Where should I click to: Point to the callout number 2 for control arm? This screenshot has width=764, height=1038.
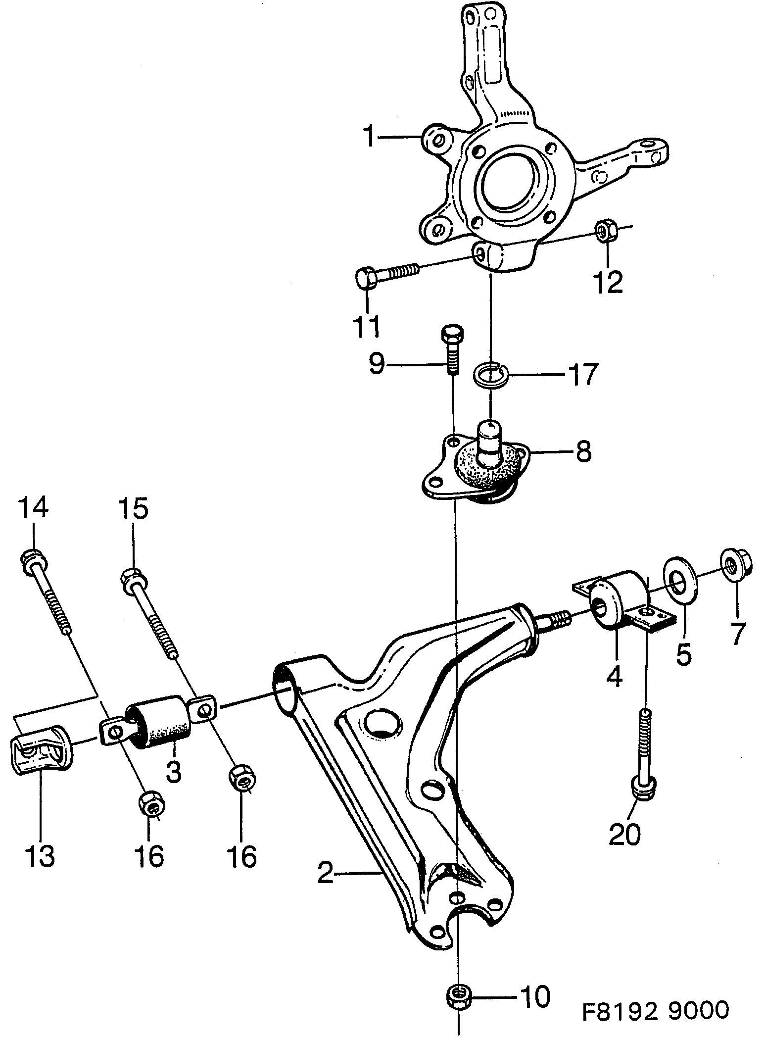tap(325, 873)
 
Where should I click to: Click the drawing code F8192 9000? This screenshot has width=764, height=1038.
tap(655, 1011)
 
